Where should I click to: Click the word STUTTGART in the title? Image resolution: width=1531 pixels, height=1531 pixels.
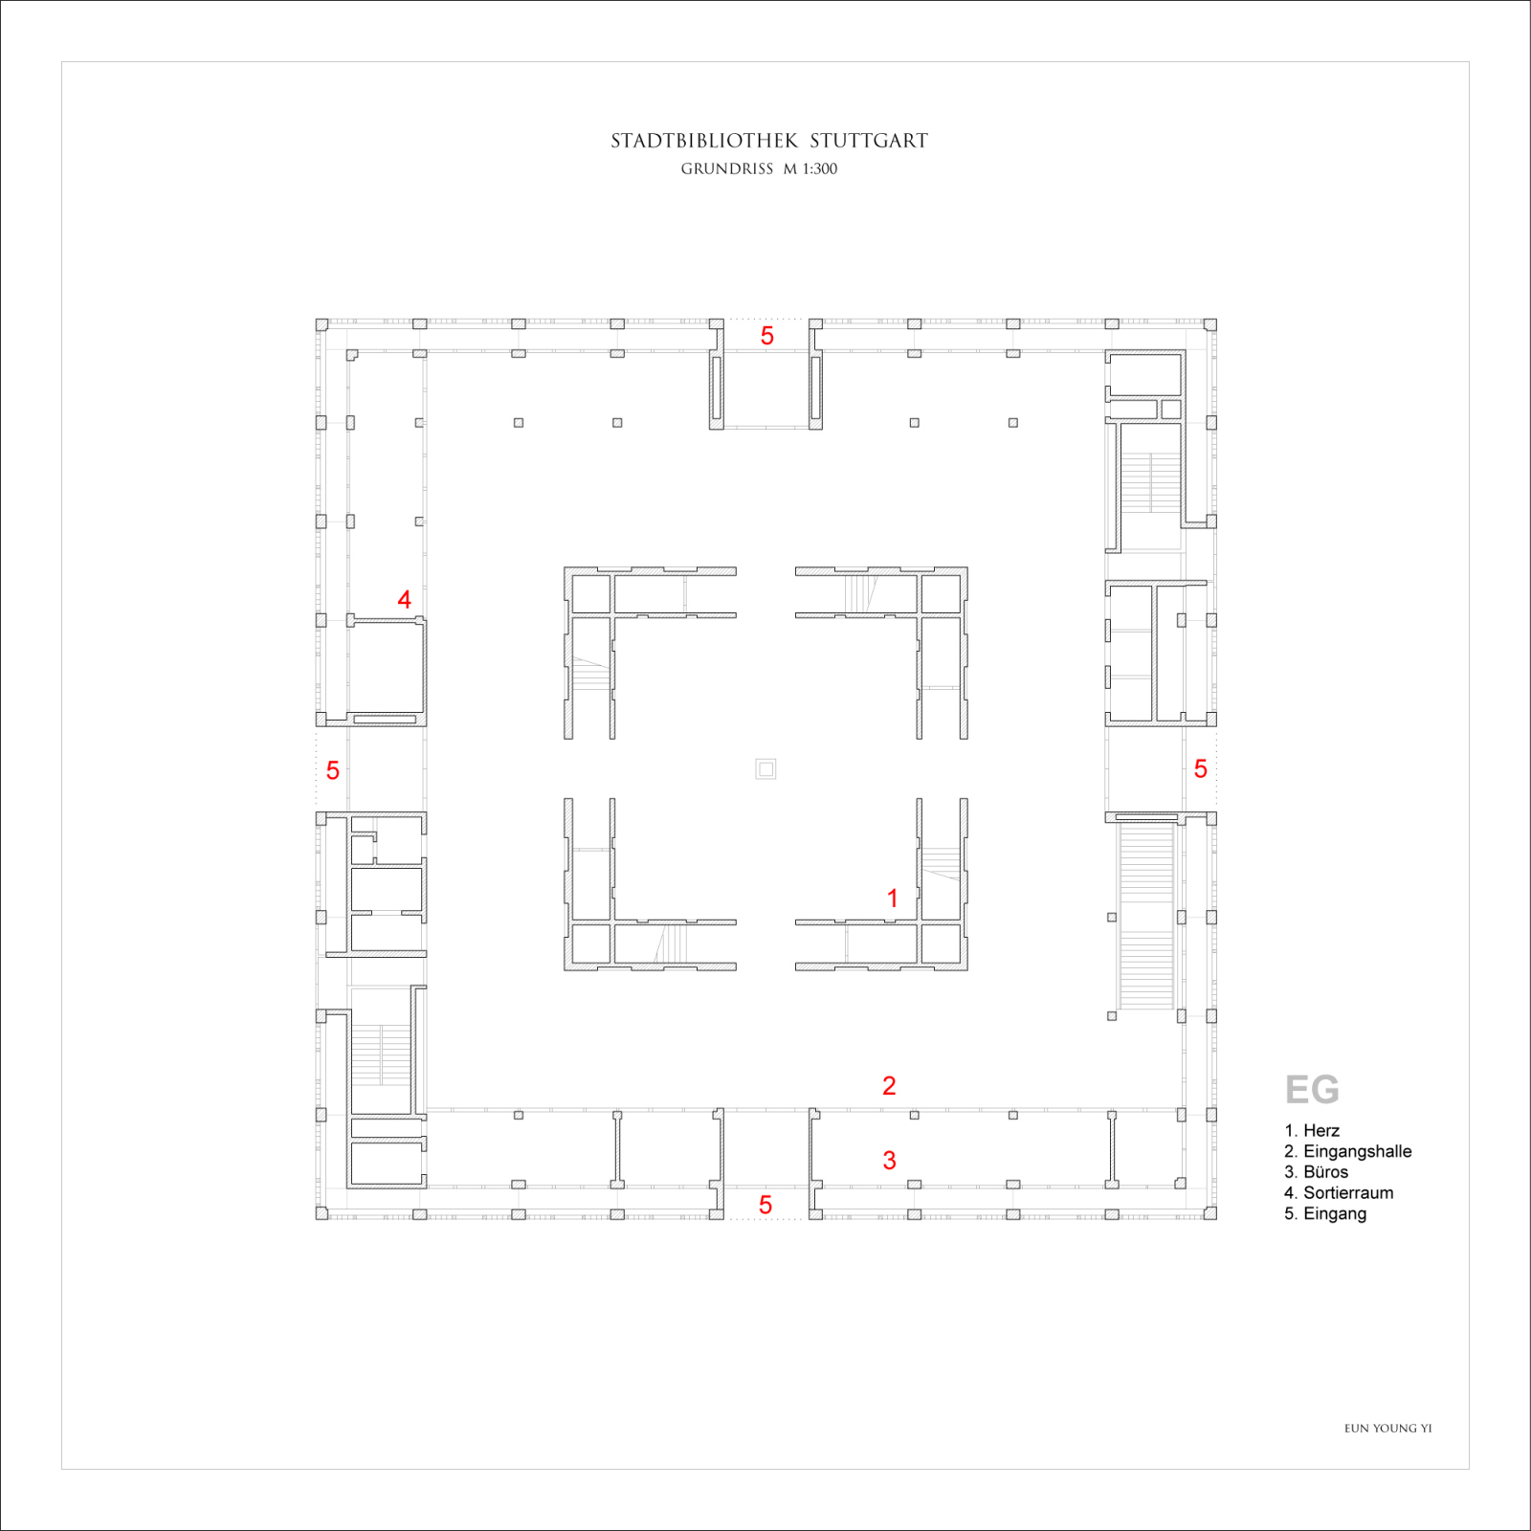click(869, 141)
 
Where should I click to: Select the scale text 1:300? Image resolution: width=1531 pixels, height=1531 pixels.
click(819, 169)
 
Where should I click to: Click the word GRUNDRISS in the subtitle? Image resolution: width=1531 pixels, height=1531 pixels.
click(726, 169)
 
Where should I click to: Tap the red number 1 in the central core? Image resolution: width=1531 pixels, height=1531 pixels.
click(892, 899)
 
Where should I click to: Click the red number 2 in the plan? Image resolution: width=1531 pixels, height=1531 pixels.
click(889, 1086)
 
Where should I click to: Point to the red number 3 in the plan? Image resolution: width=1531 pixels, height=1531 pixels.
click(889, 1161)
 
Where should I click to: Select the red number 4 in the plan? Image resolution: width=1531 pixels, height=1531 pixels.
click(404, 600)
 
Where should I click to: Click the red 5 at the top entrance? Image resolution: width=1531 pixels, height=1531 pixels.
click(766, 336)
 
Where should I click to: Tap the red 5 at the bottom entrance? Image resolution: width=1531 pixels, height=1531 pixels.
click(765, 1205)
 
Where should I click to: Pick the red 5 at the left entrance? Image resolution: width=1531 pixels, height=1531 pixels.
click(332, 770)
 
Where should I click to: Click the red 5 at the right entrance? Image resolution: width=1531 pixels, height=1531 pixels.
click(1200, 768)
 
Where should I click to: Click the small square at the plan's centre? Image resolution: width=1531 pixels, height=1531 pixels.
click(765, 768)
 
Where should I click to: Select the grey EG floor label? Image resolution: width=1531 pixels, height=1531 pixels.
click(1311, 1090)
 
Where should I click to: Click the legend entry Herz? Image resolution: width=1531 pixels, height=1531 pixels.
click(1320, 1131)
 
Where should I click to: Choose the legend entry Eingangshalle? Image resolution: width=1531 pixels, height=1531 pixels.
click(1356, 1152)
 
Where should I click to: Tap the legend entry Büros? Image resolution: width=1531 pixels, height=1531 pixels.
click(1325, 1172)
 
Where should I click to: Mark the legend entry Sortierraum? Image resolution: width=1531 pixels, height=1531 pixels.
click(1347, 1193)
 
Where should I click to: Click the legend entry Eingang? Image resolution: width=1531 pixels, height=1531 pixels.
click(1334, 1214)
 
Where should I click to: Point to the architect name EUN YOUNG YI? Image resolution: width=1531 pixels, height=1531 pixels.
click(1387, 1429)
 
